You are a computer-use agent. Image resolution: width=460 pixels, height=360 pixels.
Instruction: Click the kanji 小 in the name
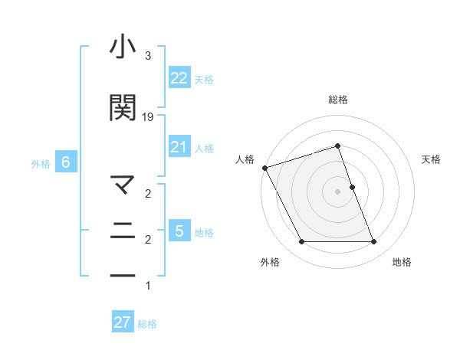(123, 48)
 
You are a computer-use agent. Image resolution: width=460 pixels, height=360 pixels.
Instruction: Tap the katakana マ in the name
(123, 185)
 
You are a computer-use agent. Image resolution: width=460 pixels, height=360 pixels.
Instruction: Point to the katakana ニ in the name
(123, 229)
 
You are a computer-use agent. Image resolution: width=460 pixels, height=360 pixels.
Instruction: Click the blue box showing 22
(179, 77)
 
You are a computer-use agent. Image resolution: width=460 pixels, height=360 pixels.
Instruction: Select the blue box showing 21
(179, 147)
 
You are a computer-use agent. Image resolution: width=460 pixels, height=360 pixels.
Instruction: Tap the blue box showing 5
(179, 231)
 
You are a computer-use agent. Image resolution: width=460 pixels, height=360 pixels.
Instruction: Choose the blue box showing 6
(66, 162)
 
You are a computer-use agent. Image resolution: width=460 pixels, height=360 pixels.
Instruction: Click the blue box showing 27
(123, 322)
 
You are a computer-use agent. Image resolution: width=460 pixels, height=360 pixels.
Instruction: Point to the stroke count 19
(148, 116)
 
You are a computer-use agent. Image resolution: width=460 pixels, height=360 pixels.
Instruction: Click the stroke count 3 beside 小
(148, 56)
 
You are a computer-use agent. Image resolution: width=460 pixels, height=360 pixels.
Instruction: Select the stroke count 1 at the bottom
(148, 286)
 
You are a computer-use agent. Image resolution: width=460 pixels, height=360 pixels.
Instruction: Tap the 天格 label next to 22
(204, 79)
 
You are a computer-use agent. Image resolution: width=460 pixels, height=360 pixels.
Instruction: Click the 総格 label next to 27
(147, 324)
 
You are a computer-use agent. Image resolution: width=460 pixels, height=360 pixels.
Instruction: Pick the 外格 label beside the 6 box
(40, 163)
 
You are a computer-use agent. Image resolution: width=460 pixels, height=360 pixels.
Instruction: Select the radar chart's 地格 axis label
(402, 262)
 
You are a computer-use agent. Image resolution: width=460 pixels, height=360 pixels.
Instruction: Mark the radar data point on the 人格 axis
(265, 168)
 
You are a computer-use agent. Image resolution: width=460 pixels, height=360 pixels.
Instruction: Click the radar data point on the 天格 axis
(352, 187)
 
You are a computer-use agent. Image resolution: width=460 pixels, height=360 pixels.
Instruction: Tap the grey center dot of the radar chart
(337, 191)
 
